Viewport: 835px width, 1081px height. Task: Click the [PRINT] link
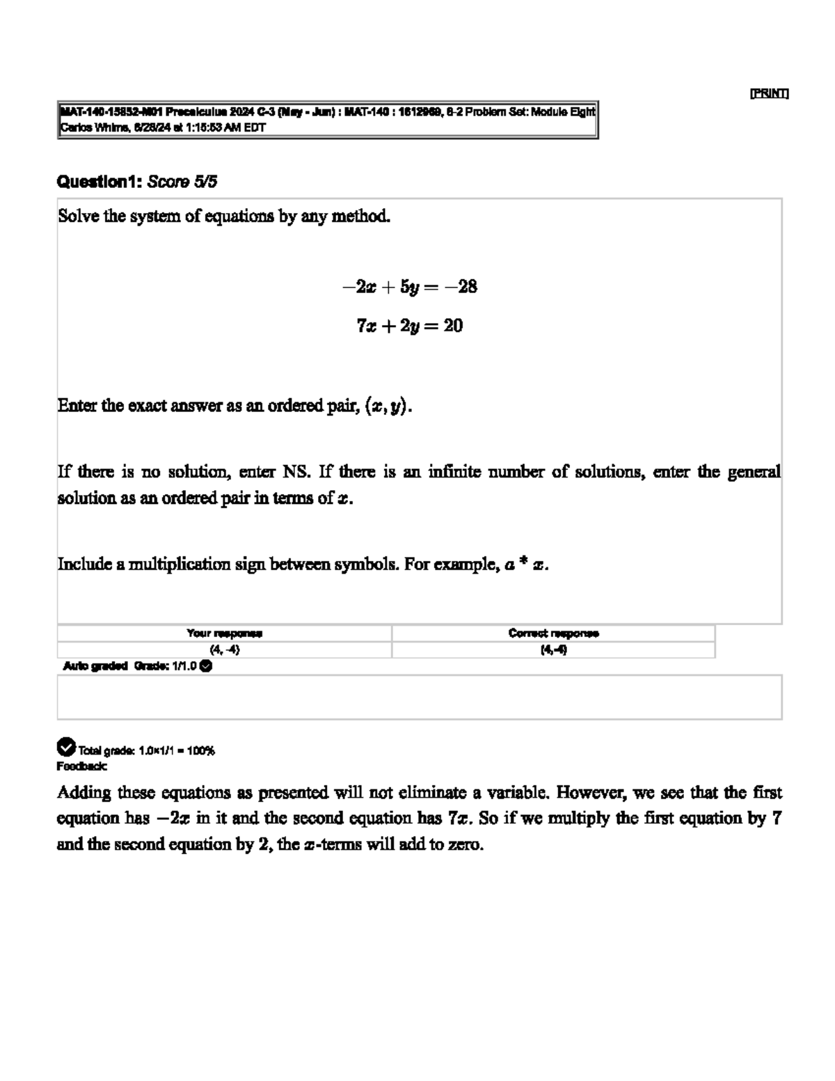tap(769, 93)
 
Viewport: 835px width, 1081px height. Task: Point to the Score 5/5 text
tap(182, 182)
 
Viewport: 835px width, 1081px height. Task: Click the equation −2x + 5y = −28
tap(409, 287)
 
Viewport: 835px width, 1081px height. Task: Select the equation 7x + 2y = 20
tap(409, 326)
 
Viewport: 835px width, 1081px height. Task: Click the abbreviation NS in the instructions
tap(295, 472)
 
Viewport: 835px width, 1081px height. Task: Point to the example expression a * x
tap(526, 565)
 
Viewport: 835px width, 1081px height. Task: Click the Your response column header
tap(224, 633)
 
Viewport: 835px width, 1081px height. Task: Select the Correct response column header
tap(553, 633)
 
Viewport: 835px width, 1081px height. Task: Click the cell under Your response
tap(224, 650)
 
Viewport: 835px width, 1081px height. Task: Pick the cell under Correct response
tap(553, 650)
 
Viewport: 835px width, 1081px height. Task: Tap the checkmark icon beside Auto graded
tap(205, 666)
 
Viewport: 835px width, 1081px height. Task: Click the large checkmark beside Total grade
tap(65, 747)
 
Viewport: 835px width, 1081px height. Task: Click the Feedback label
tap(81, 766)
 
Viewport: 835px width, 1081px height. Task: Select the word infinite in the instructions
tap(454, 472)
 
